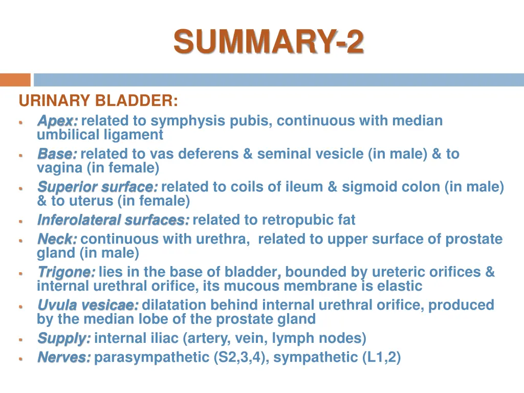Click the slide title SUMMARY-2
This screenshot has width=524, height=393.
[x=269, y=41]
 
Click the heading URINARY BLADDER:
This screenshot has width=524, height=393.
[x=98, y=101]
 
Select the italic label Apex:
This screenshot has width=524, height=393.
[x=57, y=121]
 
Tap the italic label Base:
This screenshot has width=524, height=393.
[x=57, y=154]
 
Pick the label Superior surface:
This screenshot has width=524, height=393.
[x=97, y=187]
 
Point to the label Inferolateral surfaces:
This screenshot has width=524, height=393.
[x=113, y=221]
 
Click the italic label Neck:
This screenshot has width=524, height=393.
[x=57, y=239]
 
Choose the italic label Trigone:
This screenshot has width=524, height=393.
[x=65, y=272]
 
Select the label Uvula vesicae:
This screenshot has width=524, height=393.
[x=88, y=305]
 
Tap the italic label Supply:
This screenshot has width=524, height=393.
[x=64, y=338]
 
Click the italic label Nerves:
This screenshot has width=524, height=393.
[x=64, y=357]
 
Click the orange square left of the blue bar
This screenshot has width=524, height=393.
[x=15, y=80]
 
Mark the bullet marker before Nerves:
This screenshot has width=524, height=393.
[x=20, y=359]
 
